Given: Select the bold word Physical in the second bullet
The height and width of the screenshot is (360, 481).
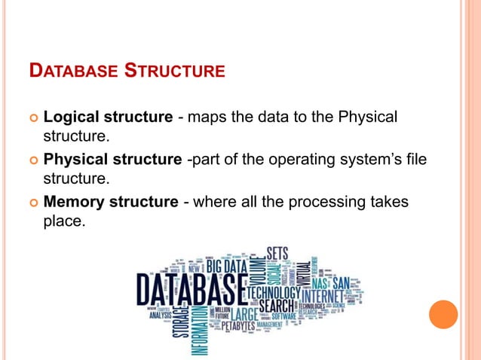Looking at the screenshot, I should coord(75,160).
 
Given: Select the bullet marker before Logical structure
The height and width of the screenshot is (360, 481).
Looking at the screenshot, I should coord(33,119).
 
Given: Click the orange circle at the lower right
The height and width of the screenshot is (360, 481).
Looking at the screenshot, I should coord(443,315).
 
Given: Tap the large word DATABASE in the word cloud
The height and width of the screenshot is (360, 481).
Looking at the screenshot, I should coord(191,288).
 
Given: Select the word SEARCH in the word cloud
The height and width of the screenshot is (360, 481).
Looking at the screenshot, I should coord(277,307).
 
